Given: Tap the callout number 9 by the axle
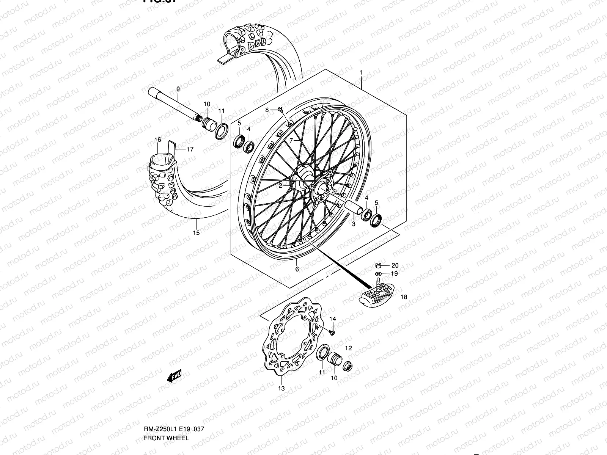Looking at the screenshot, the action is tap(178, 89).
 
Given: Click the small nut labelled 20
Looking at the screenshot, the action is tap(378, 265).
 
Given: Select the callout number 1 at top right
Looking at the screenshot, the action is tap(372, 72).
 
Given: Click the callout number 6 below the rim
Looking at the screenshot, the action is tap(297, 269).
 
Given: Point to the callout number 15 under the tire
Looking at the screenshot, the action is tap(196, 233).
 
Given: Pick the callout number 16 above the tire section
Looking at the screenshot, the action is tap(158, 140).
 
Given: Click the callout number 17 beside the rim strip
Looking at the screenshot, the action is tap(190, 149).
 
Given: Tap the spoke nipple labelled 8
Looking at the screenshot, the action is tap(280, 109).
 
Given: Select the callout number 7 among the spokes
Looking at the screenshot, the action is tap(291, 140).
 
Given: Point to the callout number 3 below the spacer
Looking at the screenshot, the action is tap(353, 224).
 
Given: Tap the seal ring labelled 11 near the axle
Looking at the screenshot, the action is tap(222, 130).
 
